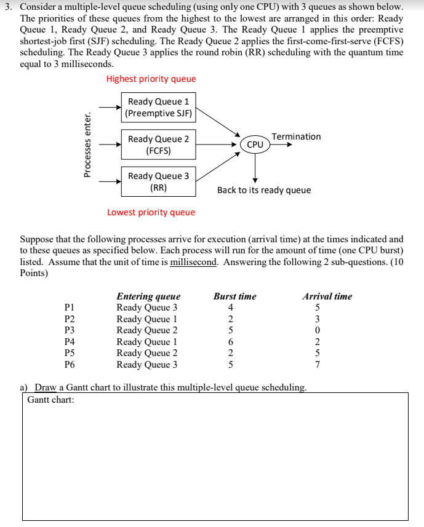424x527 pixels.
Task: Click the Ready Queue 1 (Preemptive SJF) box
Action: [158, 107]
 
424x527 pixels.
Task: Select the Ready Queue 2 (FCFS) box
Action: [158, 145]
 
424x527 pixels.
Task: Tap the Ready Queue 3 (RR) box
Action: [158, 181]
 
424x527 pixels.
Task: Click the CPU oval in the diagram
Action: [255, 145]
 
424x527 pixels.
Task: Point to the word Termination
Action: [296, 137]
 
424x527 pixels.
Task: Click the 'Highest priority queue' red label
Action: [151, 79]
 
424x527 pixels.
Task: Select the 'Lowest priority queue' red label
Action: [151, 212]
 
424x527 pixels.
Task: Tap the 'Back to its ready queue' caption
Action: [264, 190]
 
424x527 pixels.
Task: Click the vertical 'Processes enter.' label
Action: [88, 145]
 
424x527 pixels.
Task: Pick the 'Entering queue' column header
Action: [148, 296]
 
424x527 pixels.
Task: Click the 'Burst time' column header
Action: [235, 296]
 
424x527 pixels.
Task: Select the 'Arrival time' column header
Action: [327, 296]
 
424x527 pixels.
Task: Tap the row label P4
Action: [70, 341]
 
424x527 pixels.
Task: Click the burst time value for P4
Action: [231, 341]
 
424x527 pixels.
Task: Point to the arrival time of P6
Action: [318, 364]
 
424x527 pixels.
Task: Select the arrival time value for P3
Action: [318, 330]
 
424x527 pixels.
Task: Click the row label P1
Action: [70, 307]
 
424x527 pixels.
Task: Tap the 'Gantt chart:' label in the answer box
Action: [50, 400]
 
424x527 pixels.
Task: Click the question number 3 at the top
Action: [7, 7]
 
